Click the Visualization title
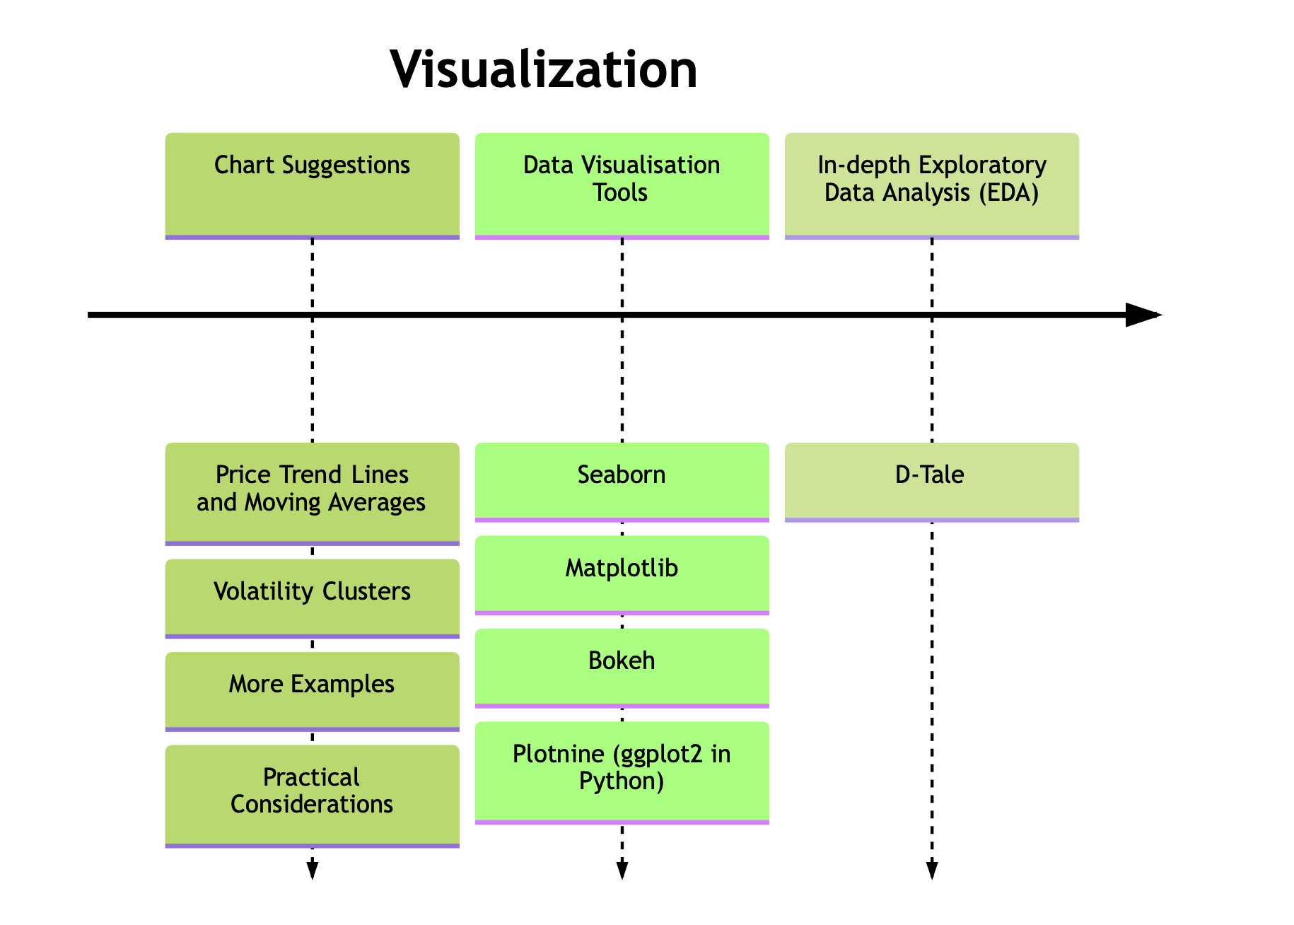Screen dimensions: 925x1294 [x=543, y=69]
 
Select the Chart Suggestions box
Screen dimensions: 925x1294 [x=312, y=185]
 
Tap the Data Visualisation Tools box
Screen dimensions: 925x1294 [x=622, y=185]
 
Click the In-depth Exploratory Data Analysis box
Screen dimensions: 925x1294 [x=931, y=185]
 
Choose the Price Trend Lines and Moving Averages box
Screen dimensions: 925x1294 [x=312, y=493]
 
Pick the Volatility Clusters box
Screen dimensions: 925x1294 [x=312, y=598]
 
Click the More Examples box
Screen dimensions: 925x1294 [x=312, y=690]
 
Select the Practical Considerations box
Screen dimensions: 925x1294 [x=312, y=795]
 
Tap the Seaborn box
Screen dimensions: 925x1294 [x=622, y=481]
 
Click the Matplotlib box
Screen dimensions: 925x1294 [x=622, y=574]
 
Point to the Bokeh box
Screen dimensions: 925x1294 [x=622, y=667]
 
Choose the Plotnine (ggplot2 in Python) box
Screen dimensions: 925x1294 [x=622, y=772]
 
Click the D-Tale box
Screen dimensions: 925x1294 [x=931, y=481]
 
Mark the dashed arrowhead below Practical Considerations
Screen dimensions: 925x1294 [x=312, y=871]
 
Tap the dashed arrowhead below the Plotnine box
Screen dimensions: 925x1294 [x=622, y=871]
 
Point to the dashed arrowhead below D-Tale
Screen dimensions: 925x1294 [x=931, y=871]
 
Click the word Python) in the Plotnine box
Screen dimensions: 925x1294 [x=622, y=781]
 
